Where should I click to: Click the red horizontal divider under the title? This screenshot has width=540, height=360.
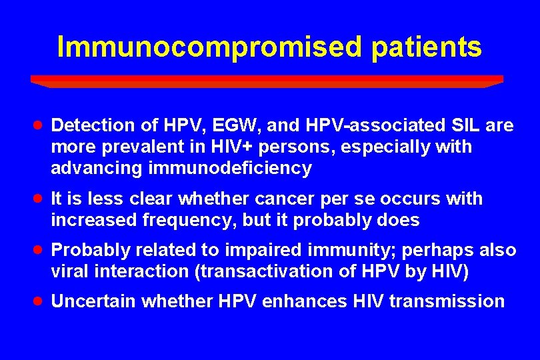tap(267, 81)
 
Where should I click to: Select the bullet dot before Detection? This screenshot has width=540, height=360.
tap(39, 125)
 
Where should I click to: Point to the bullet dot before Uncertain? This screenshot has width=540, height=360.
tap(39, 301)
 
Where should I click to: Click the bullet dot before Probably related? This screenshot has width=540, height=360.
tap(39, 249)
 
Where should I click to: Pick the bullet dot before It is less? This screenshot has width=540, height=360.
tap(39, 198)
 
